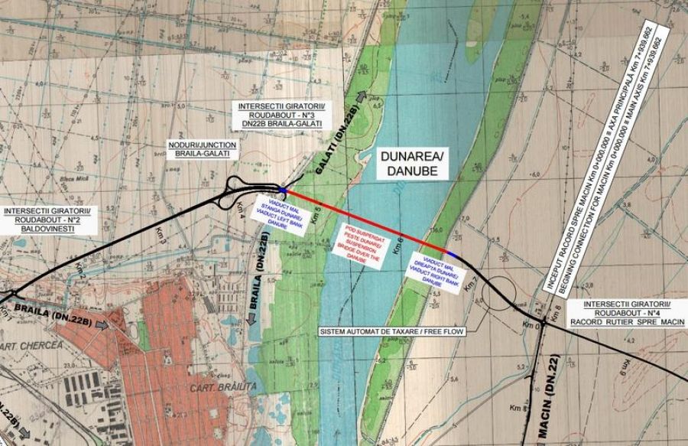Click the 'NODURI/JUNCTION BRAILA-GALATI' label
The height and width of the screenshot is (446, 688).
point(202,150)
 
